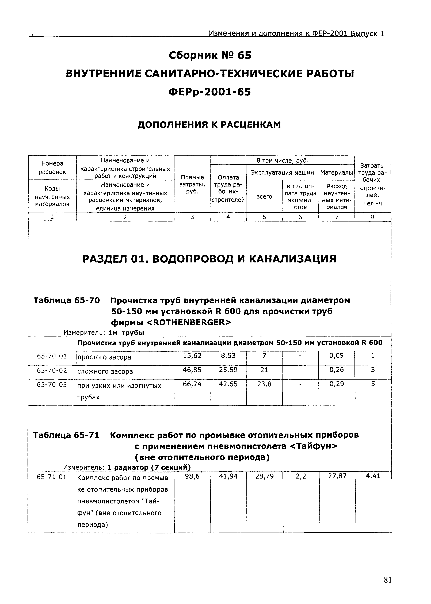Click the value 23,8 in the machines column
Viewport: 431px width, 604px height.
point(264,384)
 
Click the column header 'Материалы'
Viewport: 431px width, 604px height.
point(337,173)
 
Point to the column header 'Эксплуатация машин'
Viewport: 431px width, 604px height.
point(282,173)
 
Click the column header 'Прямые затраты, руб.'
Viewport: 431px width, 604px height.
point(192,184)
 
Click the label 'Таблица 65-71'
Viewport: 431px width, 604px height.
point(66,435)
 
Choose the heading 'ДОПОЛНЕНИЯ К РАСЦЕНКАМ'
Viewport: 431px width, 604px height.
point(209,124)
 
